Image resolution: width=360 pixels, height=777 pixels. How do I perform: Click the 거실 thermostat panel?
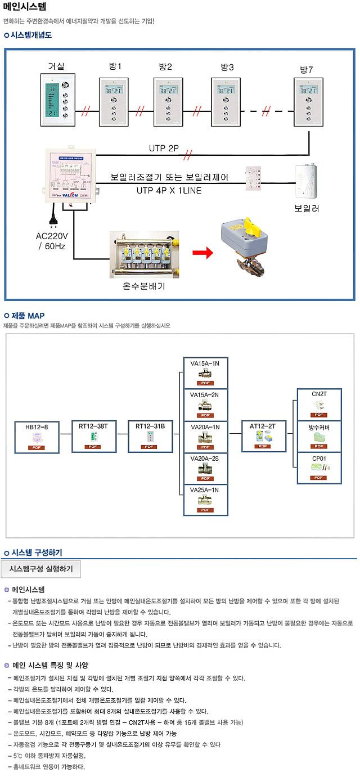point(59,102)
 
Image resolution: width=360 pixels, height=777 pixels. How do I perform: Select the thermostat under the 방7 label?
point(308,102)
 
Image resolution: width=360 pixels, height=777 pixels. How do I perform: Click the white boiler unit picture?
point(308,182)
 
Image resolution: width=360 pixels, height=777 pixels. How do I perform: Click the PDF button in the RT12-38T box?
point(93,447)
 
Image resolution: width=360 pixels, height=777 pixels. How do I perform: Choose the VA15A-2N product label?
point(205,394)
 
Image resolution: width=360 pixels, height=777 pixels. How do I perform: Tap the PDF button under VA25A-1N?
point(205,510)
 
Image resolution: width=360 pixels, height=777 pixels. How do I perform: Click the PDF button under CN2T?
point(318,415)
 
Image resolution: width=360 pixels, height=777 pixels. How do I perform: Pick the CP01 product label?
point(319,459)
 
